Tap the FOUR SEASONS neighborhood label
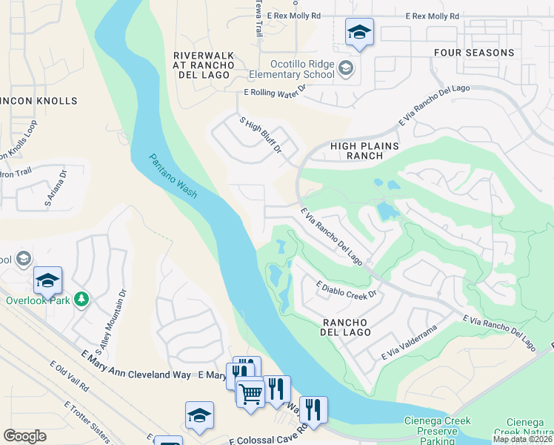point(484,53)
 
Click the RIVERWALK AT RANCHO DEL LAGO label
point(203,66)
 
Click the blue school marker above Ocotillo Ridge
point(359,33)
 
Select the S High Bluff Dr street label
point(260,135)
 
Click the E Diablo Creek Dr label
point(347,289)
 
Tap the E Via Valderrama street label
point(410,343)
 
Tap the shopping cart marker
point(250,392)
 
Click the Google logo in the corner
point(24,436)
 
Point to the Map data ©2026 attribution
point(521,439)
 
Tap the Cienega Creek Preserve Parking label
point(437,426)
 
